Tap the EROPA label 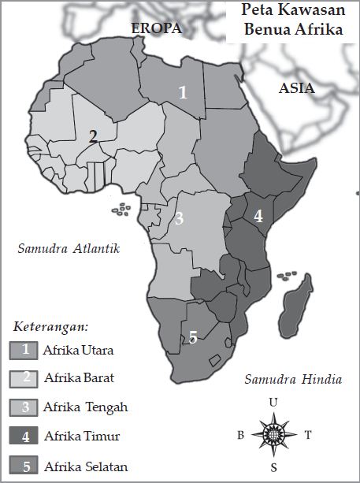click(156, 28)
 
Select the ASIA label click(296, 88)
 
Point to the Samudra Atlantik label click(69, 249)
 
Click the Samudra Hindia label click(293, 379)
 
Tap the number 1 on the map click(183, 92)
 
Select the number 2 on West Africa click(93, 136)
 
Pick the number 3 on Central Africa click(180, 218)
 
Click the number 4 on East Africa click(258, 215)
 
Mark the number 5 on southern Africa click(193, 337)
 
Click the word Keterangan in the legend click(50, 326)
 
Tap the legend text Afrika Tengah click(86, 407)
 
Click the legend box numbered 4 click(25, 437)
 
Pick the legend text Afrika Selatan click(86, 466)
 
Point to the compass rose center click(273, 434)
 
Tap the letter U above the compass click(273, 403)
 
